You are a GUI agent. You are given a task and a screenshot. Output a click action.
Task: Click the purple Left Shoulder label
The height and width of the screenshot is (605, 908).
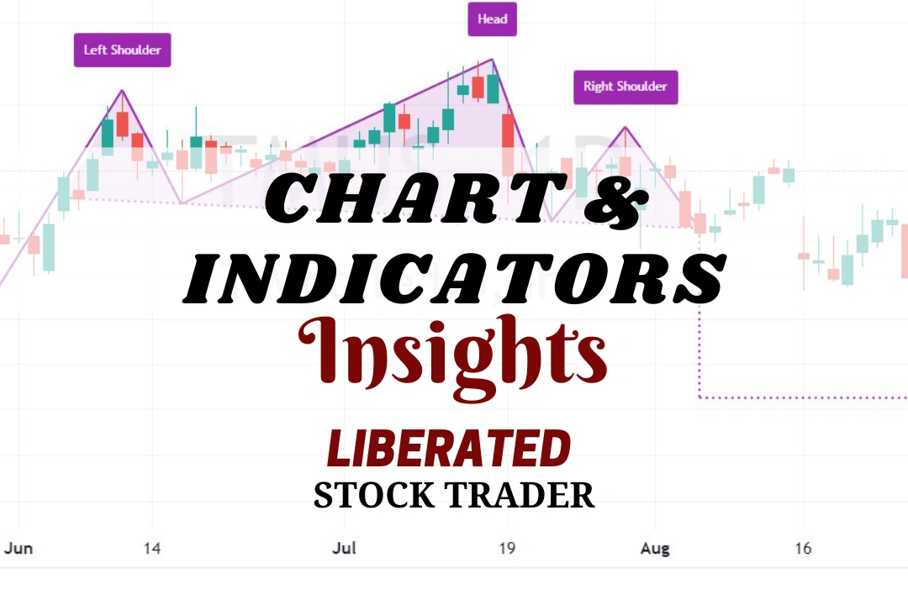point(122,50)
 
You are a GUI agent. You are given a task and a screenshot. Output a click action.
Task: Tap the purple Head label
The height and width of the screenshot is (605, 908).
point(492,19)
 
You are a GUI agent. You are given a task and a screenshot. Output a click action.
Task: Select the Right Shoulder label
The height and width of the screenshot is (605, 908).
point(625,87)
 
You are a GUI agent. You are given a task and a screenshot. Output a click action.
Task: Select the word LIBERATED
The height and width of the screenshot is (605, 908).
point(449,449)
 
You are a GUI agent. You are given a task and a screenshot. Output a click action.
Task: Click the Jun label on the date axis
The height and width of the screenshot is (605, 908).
point(18,549)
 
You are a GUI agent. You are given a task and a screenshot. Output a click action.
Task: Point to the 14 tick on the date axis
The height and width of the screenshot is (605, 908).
point(152,549)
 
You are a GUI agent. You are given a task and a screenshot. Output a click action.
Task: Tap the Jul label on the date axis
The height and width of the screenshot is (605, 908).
point(344,549)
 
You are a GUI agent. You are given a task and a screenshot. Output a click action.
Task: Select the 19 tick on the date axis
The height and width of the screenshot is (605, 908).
point(507,549)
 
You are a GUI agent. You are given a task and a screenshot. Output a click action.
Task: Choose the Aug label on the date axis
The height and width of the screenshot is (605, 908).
point(655,549)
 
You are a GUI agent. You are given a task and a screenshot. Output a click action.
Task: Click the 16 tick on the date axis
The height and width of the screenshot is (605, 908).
point(803,549)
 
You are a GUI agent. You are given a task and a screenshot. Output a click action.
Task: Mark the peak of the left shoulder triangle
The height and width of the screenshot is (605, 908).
point(123,90)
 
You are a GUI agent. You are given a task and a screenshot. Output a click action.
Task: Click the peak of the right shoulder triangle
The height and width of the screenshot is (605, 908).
point(625,127)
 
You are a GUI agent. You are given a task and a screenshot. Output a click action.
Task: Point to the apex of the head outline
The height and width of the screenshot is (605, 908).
point(492,60)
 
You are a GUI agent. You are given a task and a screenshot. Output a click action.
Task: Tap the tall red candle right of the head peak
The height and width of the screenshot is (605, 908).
point(508,143)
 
